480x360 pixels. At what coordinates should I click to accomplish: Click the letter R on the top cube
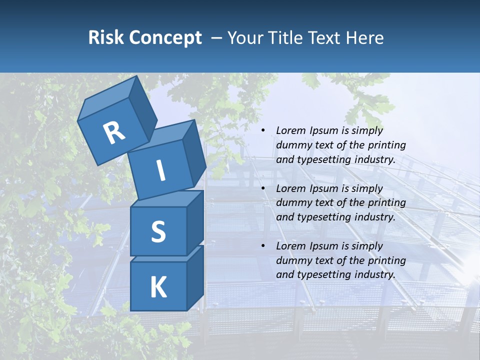[x=114, y=132]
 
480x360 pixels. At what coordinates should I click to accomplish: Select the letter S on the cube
[x=158, y=231]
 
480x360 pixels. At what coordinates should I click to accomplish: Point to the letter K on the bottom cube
[x=158, y=287]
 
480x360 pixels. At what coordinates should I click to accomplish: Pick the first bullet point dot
[x=263, y=130]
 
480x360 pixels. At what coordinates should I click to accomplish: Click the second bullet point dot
[x=263, y=188]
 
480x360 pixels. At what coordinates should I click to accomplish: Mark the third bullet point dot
[x=263, y=246]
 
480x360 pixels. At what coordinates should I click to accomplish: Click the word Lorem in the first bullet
[x=290, y=130]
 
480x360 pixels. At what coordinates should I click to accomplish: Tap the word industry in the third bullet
[x=375, y=274]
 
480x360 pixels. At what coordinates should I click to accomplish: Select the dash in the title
[x=217, y=37]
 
